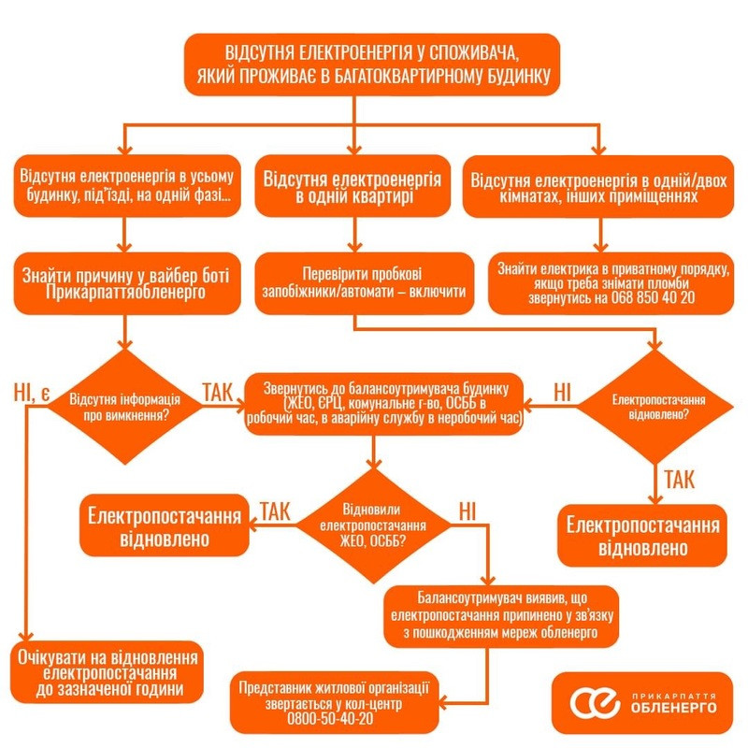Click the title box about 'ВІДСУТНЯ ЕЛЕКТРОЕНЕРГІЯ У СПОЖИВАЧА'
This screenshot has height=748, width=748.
[x=372, y=63]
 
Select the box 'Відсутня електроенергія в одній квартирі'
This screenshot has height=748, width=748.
[x=353, y=186]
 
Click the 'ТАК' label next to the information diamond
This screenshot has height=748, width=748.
[x=222, y=391]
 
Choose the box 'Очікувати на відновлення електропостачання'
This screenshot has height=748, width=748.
[x=110, y=672]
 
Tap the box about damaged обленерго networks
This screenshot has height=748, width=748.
[x=503, y=615]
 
